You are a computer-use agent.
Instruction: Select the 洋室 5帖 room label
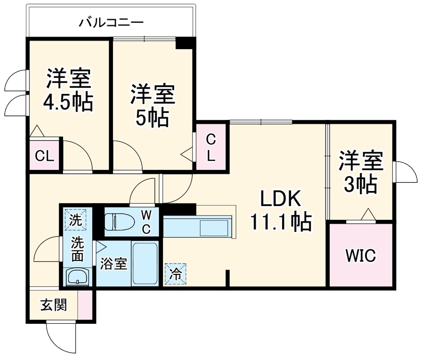click(152, 105)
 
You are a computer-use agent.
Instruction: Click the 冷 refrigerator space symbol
click(176, 273)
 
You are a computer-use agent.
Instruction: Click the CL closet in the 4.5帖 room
click(44, 156)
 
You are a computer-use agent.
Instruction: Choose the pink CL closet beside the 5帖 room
click(211, 147)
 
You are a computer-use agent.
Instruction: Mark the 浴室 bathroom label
click(113, 264)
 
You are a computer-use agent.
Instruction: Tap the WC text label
click(146, 221)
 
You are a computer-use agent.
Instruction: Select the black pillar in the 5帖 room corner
click(184, 43)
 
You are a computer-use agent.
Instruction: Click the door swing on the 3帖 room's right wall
click(406, 173)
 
